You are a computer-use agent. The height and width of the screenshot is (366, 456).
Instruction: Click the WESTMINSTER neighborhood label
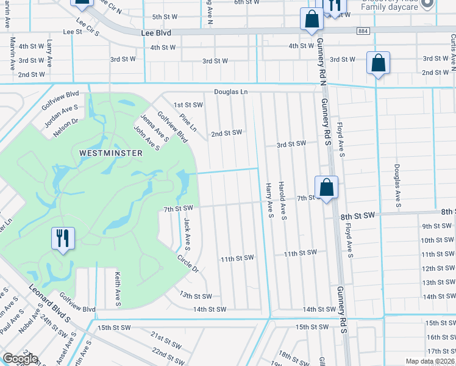[111, 153]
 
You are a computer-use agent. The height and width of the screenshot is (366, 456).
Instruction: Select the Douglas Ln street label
[231, 92]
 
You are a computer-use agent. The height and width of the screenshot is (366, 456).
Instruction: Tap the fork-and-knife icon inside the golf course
[63, 238]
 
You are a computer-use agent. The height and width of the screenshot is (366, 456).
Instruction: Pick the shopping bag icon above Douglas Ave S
[378, 63]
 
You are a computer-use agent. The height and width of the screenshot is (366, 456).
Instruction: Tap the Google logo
[20, 359]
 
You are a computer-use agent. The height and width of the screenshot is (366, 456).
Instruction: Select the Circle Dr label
[188, 263]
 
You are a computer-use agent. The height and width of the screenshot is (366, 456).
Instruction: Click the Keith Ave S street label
[117, 289]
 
